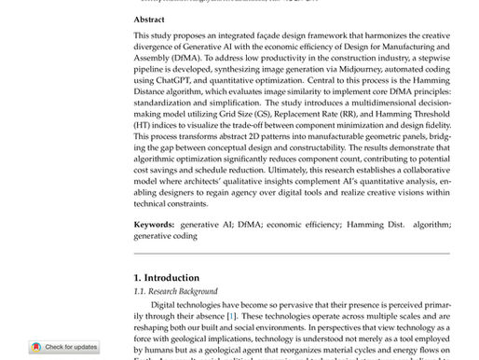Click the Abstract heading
point(149,19)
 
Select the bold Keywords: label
point(154,225)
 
